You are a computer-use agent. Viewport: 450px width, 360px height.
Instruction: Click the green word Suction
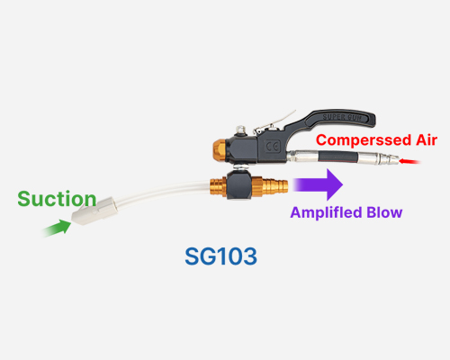57,199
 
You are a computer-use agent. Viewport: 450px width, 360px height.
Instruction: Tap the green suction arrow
57,228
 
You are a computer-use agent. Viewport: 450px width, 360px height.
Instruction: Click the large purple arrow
318,184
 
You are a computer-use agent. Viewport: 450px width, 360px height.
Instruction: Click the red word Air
427,139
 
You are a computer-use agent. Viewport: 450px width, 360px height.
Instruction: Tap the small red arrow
409,162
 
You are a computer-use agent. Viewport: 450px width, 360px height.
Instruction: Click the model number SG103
220,256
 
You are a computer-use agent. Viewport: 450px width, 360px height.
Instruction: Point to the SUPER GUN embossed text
342,117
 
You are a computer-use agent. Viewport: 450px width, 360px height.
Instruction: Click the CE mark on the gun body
273,147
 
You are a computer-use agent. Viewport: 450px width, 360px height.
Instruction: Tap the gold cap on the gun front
220,150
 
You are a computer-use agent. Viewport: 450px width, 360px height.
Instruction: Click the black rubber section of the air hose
337,157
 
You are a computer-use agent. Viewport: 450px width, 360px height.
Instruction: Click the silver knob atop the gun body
240,130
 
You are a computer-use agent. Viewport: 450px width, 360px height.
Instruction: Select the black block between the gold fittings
238,184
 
